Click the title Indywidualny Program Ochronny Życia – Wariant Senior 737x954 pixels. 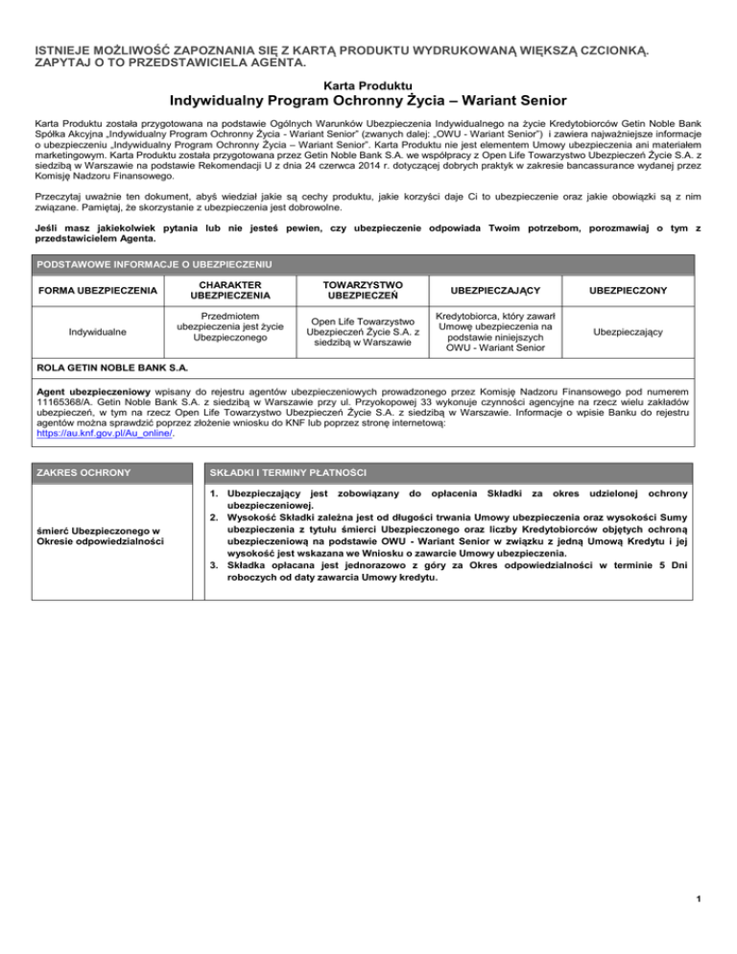368,101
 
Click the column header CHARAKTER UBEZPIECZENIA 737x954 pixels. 214,291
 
